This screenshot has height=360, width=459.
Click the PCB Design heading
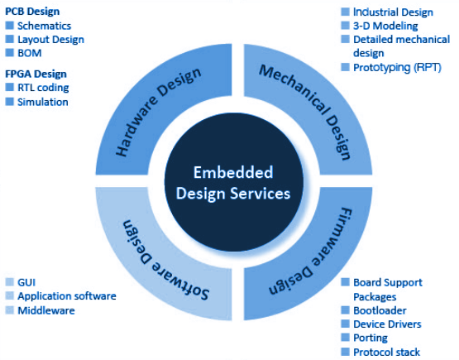pos(32,12)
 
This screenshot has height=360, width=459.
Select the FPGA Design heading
pos(36,74)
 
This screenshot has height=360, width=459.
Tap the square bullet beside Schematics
pos(10,25)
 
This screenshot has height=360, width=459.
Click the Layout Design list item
pos(51,40)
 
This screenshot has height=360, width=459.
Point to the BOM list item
pos(30,53)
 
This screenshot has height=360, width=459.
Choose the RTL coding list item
pos(43,88)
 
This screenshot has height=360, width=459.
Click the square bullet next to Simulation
pos(10,101)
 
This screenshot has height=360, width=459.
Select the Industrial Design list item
pos(393,12)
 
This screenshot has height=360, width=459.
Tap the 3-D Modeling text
pos(385,26)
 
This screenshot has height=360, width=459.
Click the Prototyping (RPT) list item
pos(397,67)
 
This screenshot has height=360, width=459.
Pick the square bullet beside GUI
pos(10,281)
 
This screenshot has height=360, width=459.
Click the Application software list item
pos(67,296)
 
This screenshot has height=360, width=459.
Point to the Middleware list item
pos(46,310)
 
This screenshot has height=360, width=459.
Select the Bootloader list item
pos(380,310)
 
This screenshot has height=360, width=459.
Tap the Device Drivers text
pos(387,324)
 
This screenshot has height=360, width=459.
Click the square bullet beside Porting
pos(346,337)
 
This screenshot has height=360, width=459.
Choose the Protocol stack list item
pos(387,352)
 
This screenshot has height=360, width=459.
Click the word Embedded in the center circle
pos(233,172)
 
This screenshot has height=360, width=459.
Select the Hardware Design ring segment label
pos(158,112)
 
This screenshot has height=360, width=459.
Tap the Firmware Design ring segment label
pos(311,252)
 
